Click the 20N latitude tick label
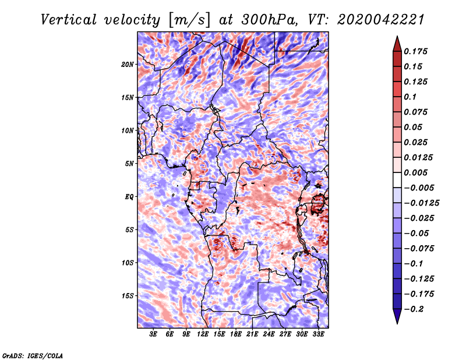click(128, 64)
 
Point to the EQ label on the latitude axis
click(129, 196)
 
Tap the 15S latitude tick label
click(128, 295)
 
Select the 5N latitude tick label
click(129, 163)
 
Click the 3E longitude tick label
click(154, 334)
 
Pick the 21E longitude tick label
click(252, 334)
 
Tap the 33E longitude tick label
click(318, 334)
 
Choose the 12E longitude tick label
click(203, 334)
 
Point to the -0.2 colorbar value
click(417, 309)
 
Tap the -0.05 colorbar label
click(417, 233)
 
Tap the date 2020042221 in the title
click(372, 20)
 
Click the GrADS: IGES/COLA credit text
click(33, 355)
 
